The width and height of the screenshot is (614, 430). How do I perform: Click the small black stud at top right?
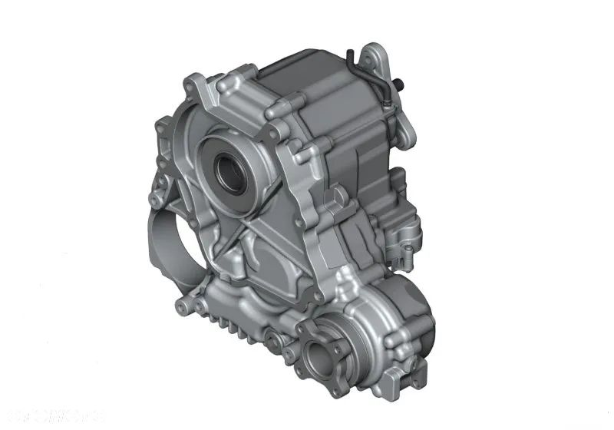[401, 83]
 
